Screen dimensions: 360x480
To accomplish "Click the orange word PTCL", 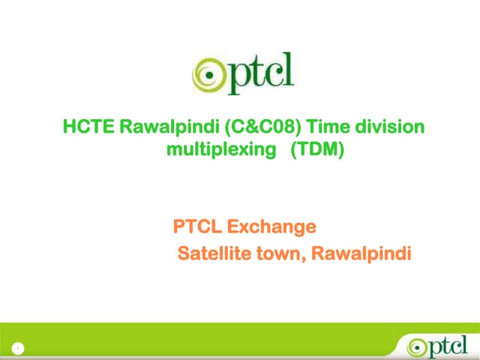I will (198, 226).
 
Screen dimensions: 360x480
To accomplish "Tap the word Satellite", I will (212, 254).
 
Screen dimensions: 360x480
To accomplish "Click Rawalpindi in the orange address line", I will (361, 254).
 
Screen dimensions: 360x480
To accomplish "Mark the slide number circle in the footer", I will (16, 347).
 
